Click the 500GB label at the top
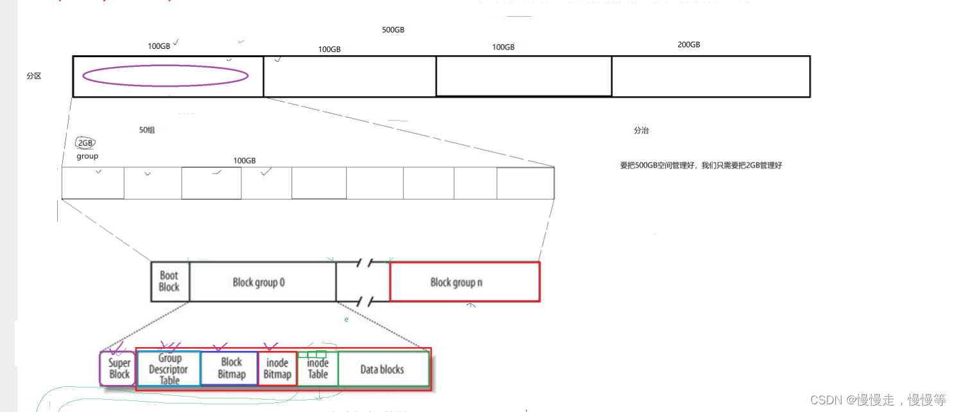(393, 30)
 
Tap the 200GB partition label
(688, 45)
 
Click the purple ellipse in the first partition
(166, 76)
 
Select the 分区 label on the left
(34, 76)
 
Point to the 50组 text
(147, 130)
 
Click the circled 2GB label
(85, 143)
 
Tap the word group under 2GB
(87, 156)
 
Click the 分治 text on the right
(641, 130)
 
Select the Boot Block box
(169, 282)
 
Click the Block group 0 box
(263, 282)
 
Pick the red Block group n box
(464, 282)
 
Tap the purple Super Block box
(119, 369)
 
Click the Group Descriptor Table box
(169, 369)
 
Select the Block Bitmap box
(230, 368)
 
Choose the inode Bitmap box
(277, 369)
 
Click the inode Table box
(318, 370)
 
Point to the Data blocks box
(383, 369)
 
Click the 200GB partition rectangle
(710, 76)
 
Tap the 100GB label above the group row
(244, 161)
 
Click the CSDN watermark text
(878, 400)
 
